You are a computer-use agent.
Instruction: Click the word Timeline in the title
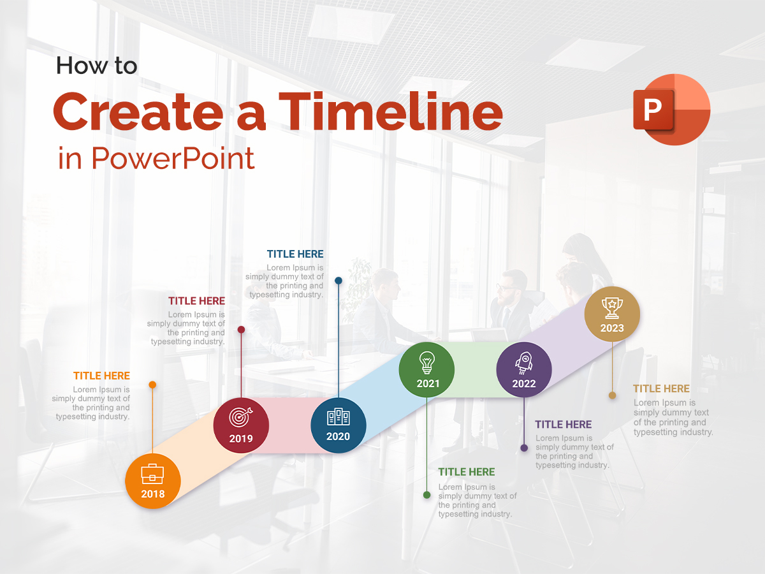(391, 112)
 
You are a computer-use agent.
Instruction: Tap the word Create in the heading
(136, 112)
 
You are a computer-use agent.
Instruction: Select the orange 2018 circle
(153, 481)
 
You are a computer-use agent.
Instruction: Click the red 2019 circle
(241, 425)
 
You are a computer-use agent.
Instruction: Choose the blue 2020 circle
(339, 425)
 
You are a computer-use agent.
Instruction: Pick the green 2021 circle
(426, 370)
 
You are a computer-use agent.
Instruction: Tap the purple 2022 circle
(524, 370)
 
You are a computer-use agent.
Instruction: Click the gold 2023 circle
(612, 314)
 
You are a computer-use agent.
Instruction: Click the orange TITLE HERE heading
(101, 376)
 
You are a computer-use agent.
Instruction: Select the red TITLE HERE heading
(196, 300)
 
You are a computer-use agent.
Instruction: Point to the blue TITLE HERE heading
(295, 254)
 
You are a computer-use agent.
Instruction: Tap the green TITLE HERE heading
(467, 472)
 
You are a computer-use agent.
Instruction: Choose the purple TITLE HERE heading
(564, 424)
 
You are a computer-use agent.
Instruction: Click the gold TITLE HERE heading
(661, 388)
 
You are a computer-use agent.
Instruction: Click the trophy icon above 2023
(612, 307)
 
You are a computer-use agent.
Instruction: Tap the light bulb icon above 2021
(426, 362)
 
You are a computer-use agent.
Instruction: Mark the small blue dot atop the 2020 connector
(339, 280)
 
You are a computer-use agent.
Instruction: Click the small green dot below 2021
(426, 494)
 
